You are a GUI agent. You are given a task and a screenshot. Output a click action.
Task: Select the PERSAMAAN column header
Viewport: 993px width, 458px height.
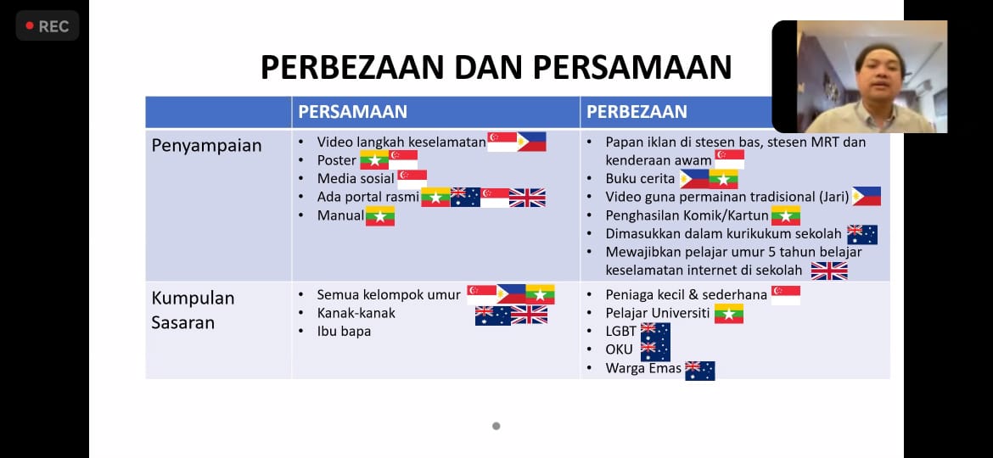[x=353, y=112]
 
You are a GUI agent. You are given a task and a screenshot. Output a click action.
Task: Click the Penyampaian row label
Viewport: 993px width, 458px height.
[x=206, y=146]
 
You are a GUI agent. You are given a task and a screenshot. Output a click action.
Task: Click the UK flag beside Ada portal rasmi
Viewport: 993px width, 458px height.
[x=527, y=198]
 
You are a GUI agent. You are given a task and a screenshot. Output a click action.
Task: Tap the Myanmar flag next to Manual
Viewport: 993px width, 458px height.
[x=380, y=216]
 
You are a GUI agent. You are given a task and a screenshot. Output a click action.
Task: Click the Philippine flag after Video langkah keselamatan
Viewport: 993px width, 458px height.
[x=531, y=142]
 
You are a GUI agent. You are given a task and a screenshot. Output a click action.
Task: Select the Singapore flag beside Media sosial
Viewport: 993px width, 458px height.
[x=412, y=179]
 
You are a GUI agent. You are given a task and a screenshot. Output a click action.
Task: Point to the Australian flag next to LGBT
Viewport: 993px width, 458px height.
[x=655, y=332]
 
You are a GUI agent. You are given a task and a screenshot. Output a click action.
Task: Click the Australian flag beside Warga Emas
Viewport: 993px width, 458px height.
[x=700, y=371]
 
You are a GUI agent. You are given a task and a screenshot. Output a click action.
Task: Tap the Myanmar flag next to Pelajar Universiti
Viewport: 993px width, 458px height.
[x=729, y=314]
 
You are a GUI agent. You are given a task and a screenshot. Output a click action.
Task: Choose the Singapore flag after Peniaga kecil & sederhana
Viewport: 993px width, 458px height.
[x=785, y=295]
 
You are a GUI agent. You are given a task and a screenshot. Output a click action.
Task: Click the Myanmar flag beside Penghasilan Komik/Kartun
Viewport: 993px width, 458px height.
[x=785, y=215]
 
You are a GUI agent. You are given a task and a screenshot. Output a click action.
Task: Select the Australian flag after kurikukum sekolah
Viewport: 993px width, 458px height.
[x=862, y=235]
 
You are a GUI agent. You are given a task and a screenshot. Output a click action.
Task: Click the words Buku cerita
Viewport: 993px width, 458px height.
[x=640, y=178]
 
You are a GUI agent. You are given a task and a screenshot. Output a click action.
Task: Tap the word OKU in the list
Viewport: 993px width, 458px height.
[x=619, y=349]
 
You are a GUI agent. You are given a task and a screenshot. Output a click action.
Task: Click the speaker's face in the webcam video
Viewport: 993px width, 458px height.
[x=878, y=75]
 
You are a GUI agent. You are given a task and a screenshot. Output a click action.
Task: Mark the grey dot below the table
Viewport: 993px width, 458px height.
[x=496, y=427]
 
